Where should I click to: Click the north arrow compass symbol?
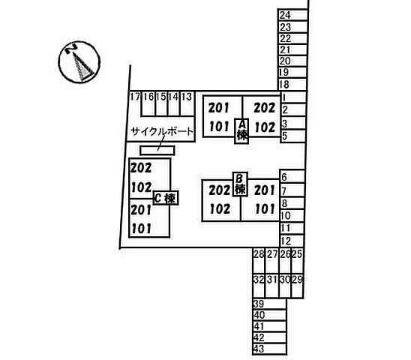pyautogui.click(x=79, y=62)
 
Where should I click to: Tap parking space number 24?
pyautogui.click(x=292, y=15)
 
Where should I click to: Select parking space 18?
pyautogui.click(x=292, y=85)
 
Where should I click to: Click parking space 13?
pyautogui.click(x=187, y=103)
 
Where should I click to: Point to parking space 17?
pyautogui.click(x=135, y=103)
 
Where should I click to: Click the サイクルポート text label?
pyautogui.click(x=162, y=131)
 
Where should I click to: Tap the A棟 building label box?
pyautogui.click(x=242, y=131)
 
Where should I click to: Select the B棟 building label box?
pyautogui.click(x=241, y=184)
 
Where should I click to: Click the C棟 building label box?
pyautogui.click(x=166, y=198)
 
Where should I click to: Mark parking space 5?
pyautogui.click(x=293, y=136)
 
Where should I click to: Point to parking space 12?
pyautogui.click(x=292, y=241)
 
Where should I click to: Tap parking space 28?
pyautogui.click(x=259, y=260)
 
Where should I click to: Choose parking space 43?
pyautogui.click(x=269, y=349)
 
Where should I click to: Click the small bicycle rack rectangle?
pyautogui.click(x=157, y=151)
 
